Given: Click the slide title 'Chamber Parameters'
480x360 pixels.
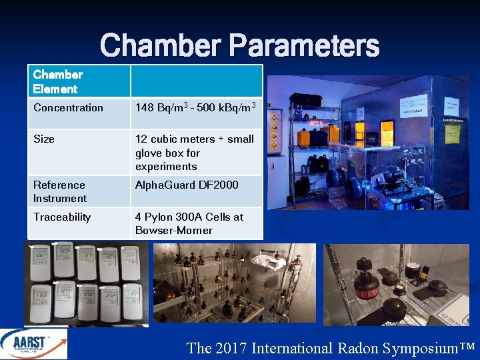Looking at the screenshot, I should [x=240, y=46].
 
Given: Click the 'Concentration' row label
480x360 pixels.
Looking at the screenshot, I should [x=68, y=107].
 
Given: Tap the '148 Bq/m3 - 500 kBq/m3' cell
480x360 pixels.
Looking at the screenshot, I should [x=195, y=107].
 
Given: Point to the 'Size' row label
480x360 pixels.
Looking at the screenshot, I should [x=44, y=139].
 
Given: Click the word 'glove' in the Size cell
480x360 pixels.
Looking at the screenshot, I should [x=150, y=153].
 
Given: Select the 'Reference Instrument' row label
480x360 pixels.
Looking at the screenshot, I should [x=60, y=191].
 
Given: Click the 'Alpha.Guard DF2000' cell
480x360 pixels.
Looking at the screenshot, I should [x=187, y=185].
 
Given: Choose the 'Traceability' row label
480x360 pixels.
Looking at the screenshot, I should [x=62, y=217].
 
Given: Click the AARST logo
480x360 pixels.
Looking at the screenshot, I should [x=33, y=344].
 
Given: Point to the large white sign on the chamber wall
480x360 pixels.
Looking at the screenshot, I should [x=413, y=107].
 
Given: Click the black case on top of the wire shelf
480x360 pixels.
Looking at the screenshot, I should [x=305, y=100].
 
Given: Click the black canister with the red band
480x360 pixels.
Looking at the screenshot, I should [x=368, y=285].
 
